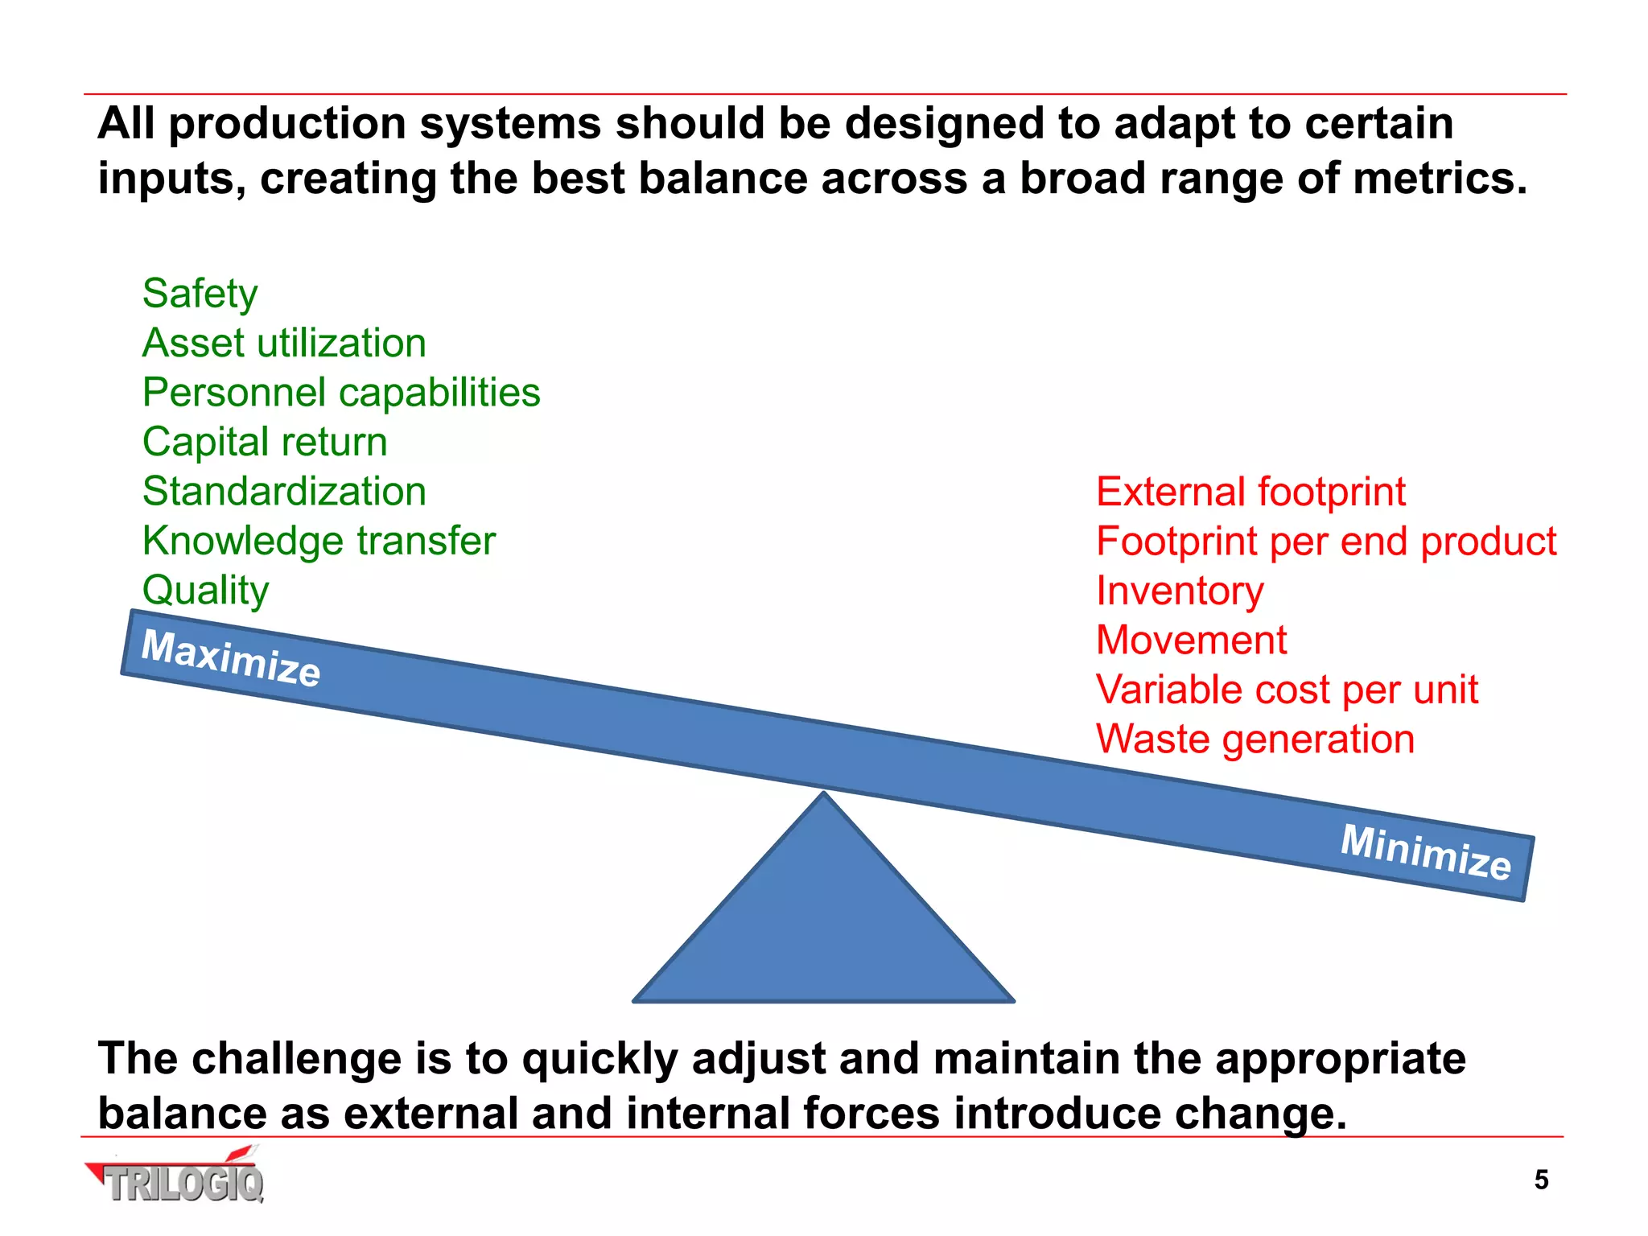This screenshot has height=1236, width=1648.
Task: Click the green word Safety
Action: pyautogui.click(x=200, y=294)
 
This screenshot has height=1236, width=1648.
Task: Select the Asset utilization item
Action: pyautogui.click(x=284, y=344)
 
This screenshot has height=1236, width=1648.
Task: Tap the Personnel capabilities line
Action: pyautogui.click(x=341, y=393)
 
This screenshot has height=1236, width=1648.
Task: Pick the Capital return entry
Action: pyautogui.click(x=265, y=443)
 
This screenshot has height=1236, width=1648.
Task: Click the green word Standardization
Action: pyautogui.click(x=284, y=492)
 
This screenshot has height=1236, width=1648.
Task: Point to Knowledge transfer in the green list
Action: pyautogui.click(x=319, y=541)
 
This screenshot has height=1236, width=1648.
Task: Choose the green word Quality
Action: pyautogui.click(x=205, y=591)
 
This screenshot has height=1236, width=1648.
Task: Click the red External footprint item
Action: pyautogui.click(x=1250, y=492)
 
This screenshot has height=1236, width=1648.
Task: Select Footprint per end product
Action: pyautogui.click(x=1326, y=542)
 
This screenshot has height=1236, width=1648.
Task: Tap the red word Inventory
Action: pyautogui.click(x=1180, y=591)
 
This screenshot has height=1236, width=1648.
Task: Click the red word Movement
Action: pyautogui.click(x=1191, y=641)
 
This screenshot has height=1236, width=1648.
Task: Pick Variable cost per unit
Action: pyautogui.click(x=1287, y=690)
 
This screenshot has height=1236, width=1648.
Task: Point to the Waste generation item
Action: pyautogui.click(x=1255, y=740)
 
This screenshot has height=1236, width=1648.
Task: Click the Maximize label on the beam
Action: pyautogui.click(x=231, y=658)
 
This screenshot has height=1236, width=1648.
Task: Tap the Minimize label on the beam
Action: pyautogui.click(x=1425, y=852)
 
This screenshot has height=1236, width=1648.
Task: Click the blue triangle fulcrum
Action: pyautogui.click(x=824, y=925)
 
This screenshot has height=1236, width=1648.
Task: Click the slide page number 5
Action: pyautogui.click(x=1541, y=1180)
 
